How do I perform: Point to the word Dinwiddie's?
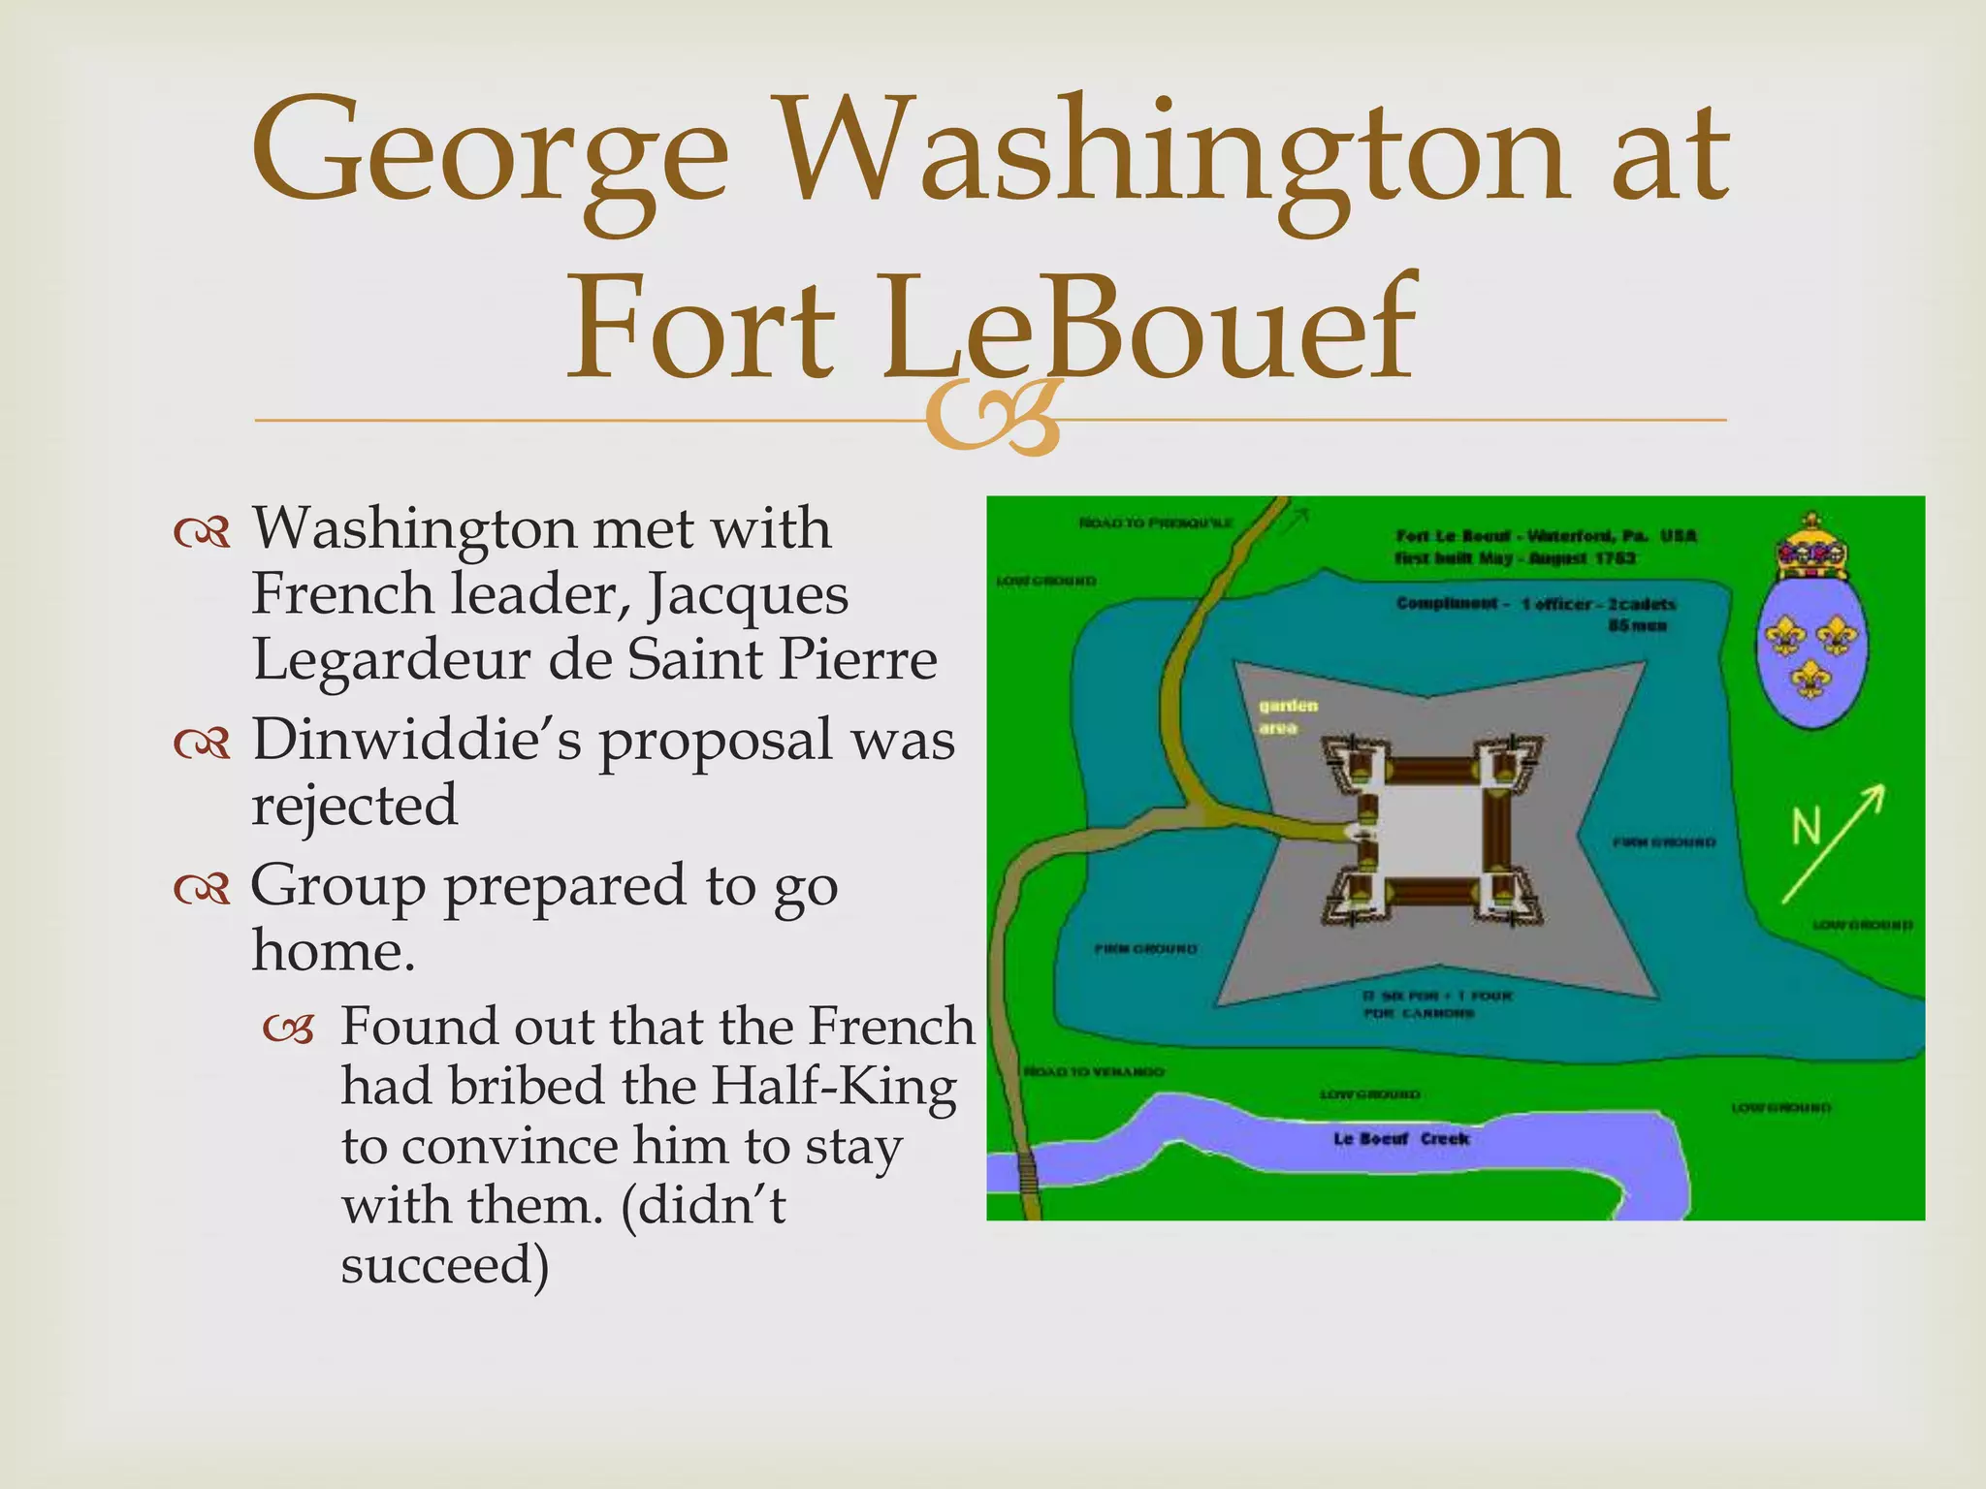(x=417, y=740)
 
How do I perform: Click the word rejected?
(x=354, y=805)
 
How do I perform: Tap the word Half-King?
(x=834, y=1086)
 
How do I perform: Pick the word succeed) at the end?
(x=445, y=1265)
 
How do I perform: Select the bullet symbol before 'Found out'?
(x=289, y=1031)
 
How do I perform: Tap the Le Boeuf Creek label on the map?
(x=1400, y=1139)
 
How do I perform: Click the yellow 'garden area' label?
(x=1288, y=716)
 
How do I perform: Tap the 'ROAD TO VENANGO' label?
(x=1094, y=1072)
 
